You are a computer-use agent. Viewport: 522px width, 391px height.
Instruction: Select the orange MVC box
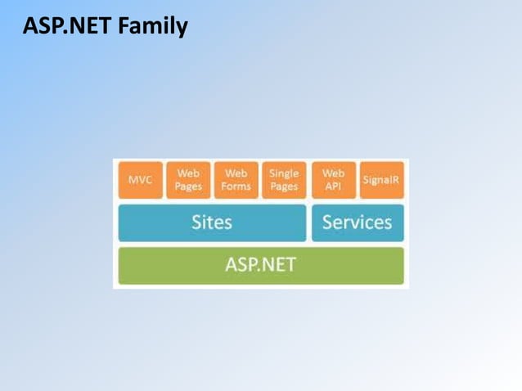point(140,180)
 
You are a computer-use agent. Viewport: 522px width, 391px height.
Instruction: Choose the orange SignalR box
point(381,180)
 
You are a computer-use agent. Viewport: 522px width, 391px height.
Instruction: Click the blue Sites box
point(212,222)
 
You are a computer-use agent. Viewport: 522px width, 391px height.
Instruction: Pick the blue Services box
point(357,222)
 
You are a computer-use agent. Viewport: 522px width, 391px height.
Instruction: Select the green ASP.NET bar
point(260,265)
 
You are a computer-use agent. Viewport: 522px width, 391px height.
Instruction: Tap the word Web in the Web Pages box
point(188,173)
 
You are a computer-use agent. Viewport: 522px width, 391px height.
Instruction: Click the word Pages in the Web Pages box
point(188,187)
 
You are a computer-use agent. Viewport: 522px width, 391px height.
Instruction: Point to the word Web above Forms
point(236,173)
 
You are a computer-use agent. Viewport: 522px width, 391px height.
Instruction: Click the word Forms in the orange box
point(236,187)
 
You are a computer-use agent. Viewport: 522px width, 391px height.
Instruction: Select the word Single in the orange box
point(284,173)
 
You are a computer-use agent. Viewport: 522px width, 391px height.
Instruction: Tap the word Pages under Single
point(284,187)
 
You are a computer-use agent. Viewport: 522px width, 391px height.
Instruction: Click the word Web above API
point(333,173)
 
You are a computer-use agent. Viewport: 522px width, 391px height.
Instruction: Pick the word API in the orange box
point(333,187)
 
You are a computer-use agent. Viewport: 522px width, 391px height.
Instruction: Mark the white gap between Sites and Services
point(308,222)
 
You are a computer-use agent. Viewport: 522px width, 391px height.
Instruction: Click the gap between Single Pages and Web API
point(308,180)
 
